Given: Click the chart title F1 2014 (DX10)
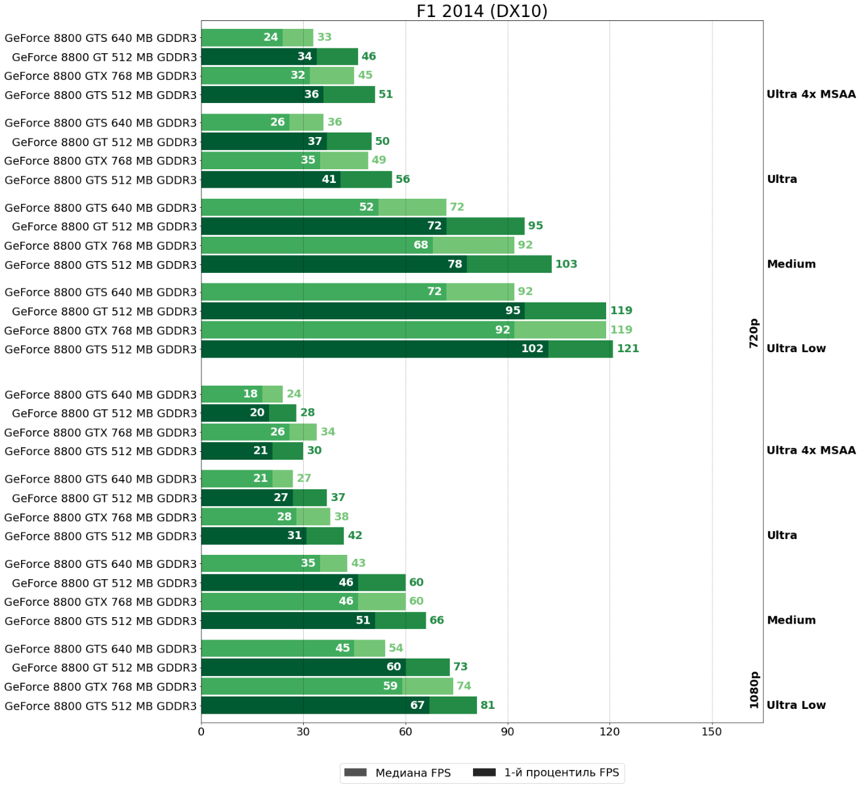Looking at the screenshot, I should coord(481,11).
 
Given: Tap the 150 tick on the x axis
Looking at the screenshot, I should coord(712,732).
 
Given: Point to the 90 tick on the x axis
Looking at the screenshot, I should coord(507,732).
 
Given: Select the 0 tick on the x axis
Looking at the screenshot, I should coord(201,732).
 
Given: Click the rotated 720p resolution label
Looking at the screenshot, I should coord(754,333).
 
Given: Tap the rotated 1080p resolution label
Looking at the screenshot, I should coord(754,690).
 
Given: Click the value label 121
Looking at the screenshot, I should coord(628,349).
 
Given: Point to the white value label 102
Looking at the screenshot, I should coord(532,349).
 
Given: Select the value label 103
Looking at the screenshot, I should coord(566,264).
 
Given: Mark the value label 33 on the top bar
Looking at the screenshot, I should coord(324,37).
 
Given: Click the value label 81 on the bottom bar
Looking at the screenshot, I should coord(487,706).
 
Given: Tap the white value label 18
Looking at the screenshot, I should coord(250,394).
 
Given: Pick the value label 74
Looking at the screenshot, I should coord(464,686).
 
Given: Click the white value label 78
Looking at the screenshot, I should coord(455,264).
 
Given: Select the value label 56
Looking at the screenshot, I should coord(402,180).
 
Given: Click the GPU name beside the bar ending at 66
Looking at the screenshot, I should coord(100,621).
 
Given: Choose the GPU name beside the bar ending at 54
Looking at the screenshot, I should coord(100,649).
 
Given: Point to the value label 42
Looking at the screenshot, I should coord(355,536).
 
